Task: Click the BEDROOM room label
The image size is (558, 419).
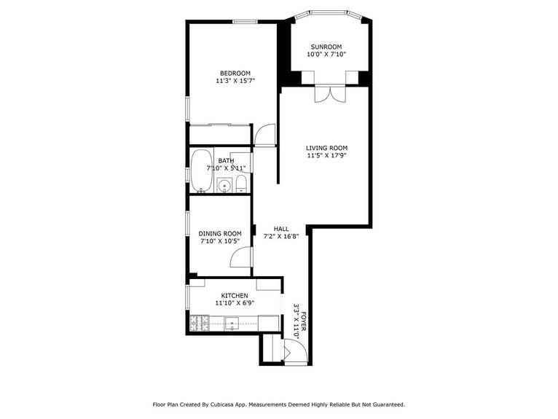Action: tap(235, 73)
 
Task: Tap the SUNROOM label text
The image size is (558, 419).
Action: tap(326, 47)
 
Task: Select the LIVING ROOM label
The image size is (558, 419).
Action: tap(326, 147)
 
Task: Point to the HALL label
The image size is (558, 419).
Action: tap(281, 228)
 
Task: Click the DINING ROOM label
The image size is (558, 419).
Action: tap(220, 234)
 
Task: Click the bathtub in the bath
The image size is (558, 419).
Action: tap(201, 171)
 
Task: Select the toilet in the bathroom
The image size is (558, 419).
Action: tap(242, 184)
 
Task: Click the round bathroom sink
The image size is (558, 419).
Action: tap(224, 186)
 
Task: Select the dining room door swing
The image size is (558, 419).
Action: tap(240, 258)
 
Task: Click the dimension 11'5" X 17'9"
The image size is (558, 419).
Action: tap(326, 155)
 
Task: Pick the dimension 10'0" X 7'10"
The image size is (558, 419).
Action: tap(326, 55)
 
